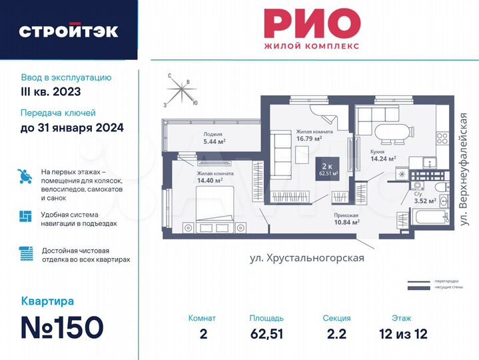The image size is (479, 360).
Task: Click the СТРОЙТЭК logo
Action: (x=69, y=31)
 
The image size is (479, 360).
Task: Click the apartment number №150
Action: (x=63, y=327)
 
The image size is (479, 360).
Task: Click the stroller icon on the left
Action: (x=25, y=175)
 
